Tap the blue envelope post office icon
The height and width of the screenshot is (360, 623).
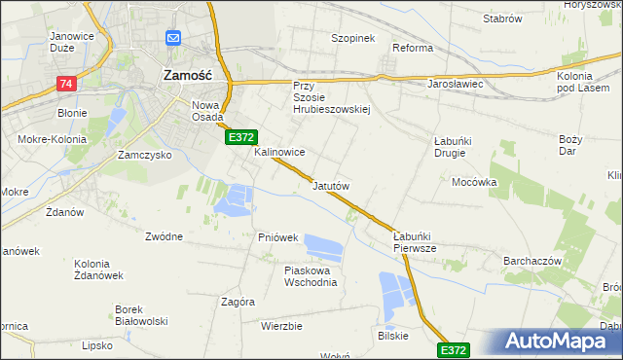174,38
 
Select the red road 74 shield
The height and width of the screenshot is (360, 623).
66,85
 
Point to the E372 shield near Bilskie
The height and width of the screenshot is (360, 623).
454,349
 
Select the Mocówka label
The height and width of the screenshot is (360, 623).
475,182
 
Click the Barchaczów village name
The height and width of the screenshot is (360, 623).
533,261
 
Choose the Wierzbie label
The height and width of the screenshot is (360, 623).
281,326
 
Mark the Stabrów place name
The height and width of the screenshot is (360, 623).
503,18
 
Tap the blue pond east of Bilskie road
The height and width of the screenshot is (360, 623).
396,297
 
